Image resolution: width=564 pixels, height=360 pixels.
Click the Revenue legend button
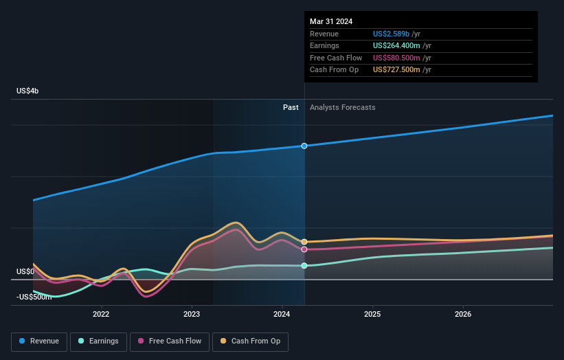[40, 341]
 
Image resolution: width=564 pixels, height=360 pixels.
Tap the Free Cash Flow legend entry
[170, 341]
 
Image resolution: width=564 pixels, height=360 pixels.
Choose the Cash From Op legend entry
[250, 341]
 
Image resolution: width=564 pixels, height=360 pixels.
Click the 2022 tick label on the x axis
[101, 315]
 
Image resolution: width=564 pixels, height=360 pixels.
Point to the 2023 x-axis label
[192, 315]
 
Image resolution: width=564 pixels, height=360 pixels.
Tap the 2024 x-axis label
[282, 315]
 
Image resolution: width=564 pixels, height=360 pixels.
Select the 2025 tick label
[372, 315]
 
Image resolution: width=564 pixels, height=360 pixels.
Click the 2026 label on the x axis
[463, 315]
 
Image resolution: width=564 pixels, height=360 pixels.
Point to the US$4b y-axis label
[28, 91]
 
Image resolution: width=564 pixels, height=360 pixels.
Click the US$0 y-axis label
[25, 272]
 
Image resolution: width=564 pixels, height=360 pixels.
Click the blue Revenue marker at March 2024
[304, 146]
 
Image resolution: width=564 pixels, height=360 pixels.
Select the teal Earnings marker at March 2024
[304, 266]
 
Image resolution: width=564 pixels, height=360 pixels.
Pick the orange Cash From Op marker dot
[304, 242]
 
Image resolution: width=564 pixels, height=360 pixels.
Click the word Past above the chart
[291, 107]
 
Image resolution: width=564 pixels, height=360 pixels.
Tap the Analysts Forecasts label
[343, 107]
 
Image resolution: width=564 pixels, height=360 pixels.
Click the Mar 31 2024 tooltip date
[331, 21]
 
